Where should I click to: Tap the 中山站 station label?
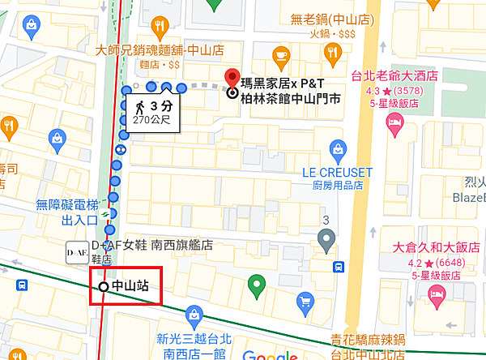tap(130, 286)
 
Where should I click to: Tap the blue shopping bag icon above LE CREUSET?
tap(340, 148)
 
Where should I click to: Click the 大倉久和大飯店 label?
tap(436, 247)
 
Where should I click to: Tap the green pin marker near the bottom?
tap(257, 285)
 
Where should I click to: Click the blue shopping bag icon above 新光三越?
tap(193, 314)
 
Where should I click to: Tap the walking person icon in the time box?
tap(139, 106)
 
